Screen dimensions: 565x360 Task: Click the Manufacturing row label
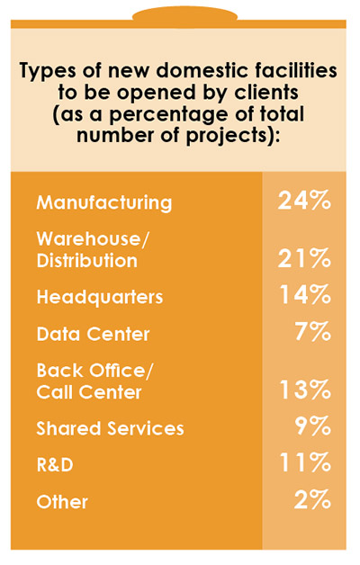pyautogui.click(x=103, y=202)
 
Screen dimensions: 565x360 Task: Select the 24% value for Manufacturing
pyautogui.click(x=304, y=201)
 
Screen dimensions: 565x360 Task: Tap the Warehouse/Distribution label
pyautogui.click(x=87, y=250)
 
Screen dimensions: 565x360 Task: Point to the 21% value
pyautogui.click(x=304, y=259)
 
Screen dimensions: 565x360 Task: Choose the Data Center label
pyautogui.click(x=93, y=334)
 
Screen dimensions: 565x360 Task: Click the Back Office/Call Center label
pyautogui.click(x=89, y=381)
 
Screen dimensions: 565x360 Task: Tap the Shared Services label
pyautogui.click(x=110, y=429)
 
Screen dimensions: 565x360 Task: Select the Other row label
pyautogui.click(x=62, y=503)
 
